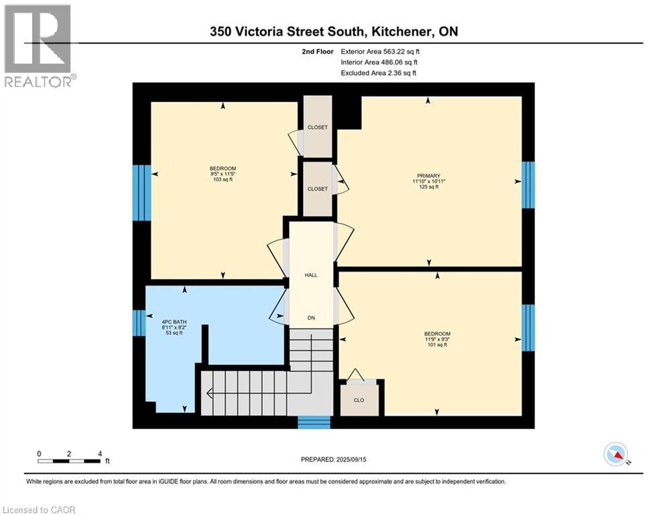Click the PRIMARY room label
[426, 176]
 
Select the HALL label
[311, 275]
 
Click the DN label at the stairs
[311, 318]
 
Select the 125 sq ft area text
[426, 187]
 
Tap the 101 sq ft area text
[437, 345]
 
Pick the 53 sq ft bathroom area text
[174, 333]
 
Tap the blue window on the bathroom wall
[139, 323]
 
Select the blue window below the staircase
[314, 422]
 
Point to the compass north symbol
[615, 454]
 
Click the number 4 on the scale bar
[99, 453]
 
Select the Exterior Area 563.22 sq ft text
[381, 51]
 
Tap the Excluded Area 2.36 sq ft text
[378, 73]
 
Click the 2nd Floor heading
[319, 51]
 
